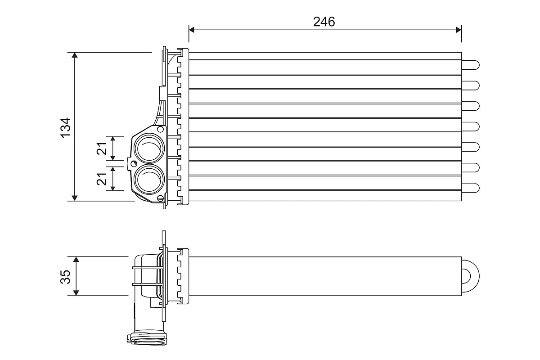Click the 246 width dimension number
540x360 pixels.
tap(324, 21)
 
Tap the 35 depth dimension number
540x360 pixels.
tap(66, 276)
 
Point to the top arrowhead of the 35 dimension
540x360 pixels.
tap(76, 260)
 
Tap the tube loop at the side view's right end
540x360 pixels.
tap(471, 275)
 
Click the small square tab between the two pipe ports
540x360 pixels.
tap(132, 163)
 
